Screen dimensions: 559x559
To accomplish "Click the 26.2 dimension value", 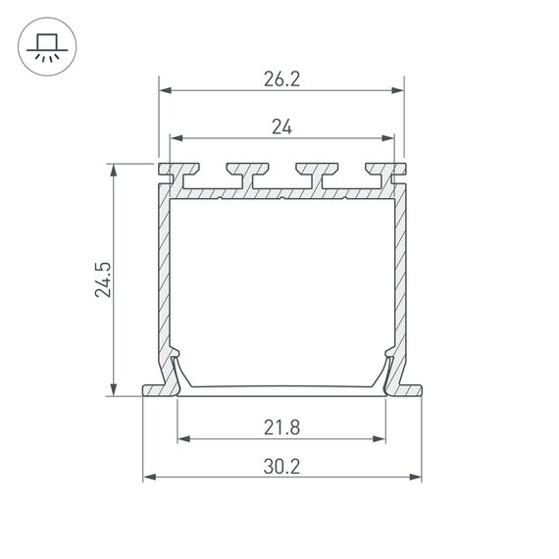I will click(280, 80).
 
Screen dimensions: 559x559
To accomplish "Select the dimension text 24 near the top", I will click(280, 126).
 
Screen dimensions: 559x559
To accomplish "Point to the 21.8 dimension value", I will click(281, 427).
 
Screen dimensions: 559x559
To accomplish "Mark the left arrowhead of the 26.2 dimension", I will click(165, 91).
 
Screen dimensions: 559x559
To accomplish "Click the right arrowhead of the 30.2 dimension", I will click(415, 478).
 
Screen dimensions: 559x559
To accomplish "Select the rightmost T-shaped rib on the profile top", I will click(378, 172).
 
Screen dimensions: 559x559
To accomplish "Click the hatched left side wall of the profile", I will click(163, 275).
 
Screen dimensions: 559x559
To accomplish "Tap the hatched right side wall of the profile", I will click(399, 275).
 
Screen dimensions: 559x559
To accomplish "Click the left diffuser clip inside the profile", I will click(177, 369).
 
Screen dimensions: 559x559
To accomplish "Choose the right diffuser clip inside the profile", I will click(386, 369).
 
